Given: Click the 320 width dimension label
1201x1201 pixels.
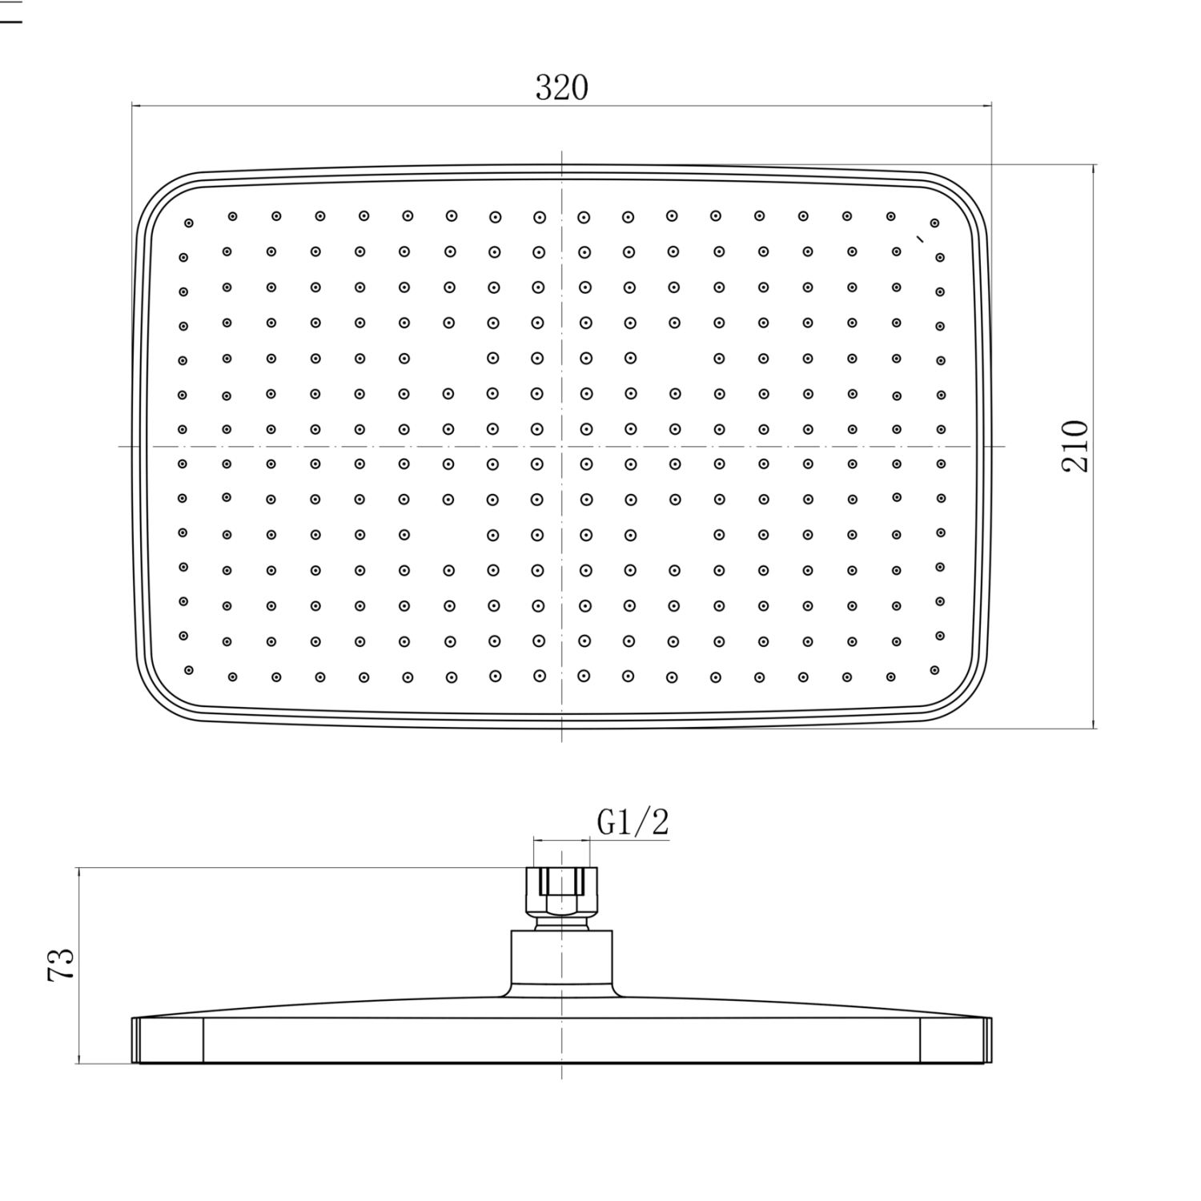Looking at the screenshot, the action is tap(561, 87).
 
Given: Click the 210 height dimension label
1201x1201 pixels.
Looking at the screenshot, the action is tap(1075, 446).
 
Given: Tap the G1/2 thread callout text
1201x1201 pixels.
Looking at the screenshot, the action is tap(633, 821).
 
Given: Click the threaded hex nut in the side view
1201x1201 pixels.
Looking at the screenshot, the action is tap(561, 892).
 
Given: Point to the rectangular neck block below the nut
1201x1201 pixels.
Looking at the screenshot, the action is tap(561, 958).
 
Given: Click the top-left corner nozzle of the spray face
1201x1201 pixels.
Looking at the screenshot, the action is tap(189, 223).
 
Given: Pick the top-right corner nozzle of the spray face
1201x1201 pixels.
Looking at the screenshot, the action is tap(934, 223).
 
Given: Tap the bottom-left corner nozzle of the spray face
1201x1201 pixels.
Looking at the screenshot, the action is tap(189, 669).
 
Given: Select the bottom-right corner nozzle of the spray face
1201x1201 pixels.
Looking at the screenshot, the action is tap(934, 669).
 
